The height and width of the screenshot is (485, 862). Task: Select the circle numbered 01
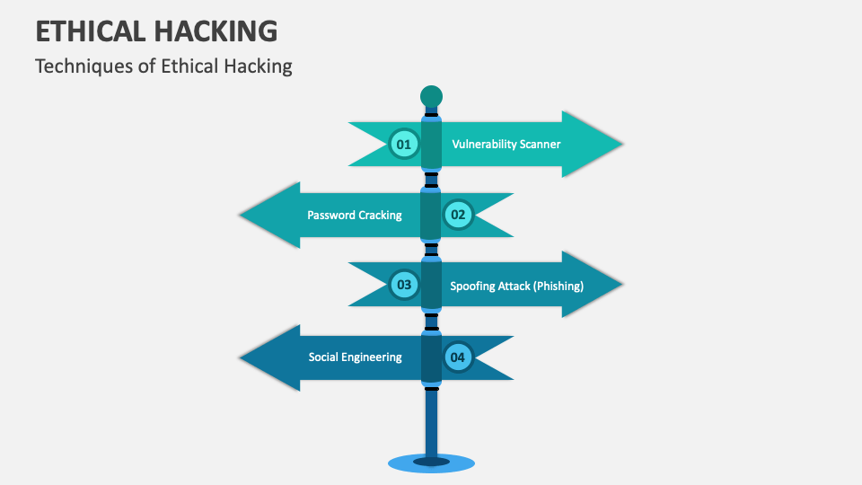(x=403, y=144)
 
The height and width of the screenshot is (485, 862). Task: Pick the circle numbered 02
(x=458, y=215)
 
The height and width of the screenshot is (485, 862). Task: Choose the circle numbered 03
(x=403, y=286)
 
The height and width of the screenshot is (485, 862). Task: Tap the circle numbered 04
(x=458, y=357)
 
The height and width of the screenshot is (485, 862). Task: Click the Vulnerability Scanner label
(x=506, y=144)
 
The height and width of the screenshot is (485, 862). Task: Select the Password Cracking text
(x=354, y=215)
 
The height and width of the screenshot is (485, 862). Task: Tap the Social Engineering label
(x=355, y=357)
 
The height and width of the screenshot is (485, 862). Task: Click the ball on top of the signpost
(x=431, y=95)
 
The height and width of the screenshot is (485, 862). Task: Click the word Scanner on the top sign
(x=541, y=144)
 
